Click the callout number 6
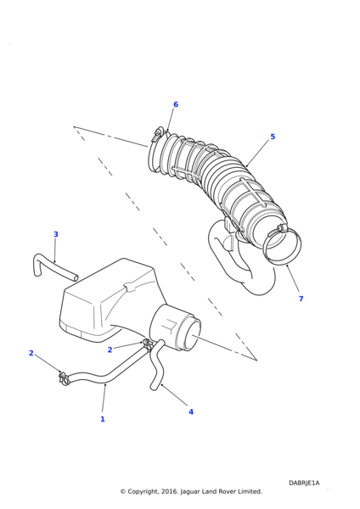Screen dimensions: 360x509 pos(176,104)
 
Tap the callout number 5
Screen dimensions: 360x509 pos(273,137)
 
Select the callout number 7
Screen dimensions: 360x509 pos(301,299)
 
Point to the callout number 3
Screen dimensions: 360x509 pos(55,234)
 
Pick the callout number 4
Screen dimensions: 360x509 pos(191,412)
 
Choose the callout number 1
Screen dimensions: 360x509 pos(103,419)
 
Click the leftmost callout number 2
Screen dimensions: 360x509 pos(31,353)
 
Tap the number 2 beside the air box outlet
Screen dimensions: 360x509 pos(110,350)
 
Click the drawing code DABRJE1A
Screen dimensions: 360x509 pos(304,483)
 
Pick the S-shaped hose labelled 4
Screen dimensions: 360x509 pos(157,364)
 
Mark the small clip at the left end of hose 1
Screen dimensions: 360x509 pos(63,378)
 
